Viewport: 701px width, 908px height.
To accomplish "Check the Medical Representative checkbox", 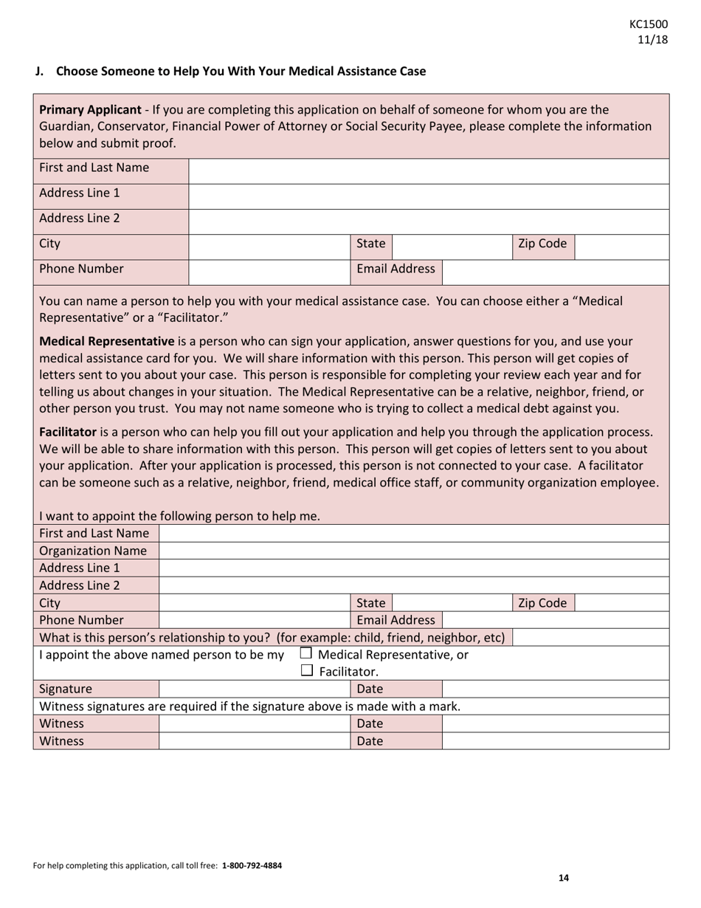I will coord(306,653).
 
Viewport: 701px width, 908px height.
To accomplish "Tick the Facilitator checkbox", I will coord(307,671).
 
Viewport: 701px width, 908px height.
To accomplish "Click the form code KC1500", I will coord(649,24).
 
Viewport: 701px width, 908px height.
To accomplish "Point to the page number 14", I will coord(564,878).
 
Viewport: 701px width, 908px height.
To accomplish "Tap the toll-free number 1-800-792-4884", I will coord(252,865).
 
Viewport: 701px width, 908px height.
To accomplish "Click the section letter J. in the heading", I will coord(40,72).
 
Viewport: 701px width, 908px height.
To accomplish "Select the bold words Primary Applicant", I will coord(89,110).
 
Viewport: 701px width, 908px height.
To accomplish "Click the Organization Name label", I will coord(92,551).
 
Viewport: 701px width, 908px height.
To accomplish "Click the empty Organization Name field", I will coord(413,551).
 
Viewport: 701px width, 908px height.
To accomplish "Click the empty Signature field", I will coord(254,689).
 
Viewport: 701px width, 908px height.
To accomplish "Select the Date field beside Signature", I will coord(555,689).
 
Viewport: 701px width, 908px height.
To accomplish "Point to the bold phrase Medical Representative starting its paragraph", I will coord(106,342).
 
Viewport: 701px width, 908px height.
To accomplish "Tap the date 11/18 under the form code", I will coord(653,40).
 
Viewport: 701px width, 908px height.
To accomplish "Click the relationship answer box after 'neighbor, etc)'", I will coord(590,637).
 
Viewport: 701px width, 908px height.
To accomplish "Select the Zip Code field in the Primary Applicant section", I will coord(621,244).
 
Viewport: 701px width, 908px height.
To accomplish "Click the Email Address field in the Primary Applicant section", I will coord(555,269).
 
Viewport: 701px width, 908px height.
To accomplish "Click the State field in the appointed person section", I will coord(452,603).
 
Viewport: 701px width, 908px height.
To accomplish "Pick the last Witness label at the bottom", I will coord(61,741).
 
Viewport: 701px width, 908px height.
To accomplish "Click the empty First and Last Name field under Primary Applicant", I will coord(428,168).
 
